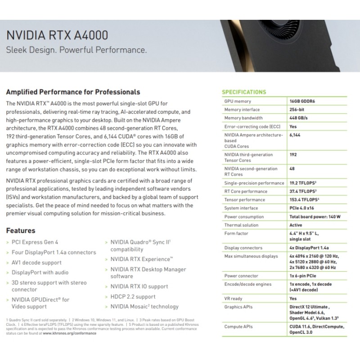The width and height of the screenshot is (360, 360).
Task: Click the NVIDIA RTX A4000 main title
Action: click(x=56, y=36)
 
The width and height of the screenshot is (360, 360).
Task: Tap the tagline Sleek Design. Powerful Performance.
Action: click(x=76, y=50)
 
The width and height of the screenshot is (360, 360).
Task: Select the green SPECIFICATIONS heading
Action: click(x=244, y=92)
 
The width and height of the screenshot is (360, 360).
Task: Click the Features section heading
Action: click(x=20, y=230)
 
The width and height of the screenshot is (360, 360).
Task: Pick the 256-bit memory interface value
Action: click(x=298, y=109)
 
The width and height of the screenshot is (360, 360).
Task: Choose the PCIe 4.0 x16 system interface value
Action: click(x=303, y=208)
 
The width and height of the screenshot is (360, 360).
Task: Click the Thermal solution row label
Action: click(x=241, y=225)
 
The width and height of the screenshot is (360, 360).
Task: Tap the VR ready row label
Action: click(x=234, y=298)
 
